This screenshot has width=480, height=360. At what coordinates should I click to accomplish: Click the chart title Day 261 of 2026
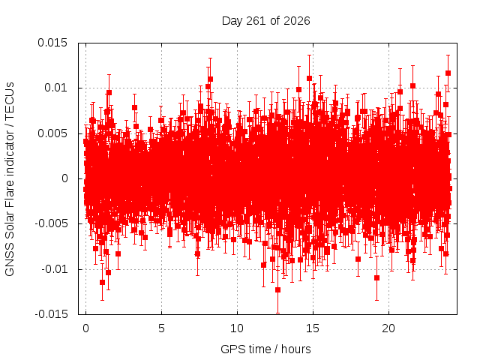click(265, 21)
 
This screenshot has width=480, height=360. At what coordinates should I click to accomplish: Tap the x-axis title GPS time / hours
click(265, 349)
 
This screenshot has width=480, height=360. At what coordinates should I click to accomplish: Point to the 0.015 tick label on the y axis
click(52, 43)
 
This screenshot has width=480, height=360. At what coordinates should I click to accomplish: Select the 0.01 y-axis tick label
click(55, 88)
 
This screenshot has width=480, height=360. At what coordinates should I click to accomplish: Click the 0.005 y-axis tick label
click(52, 133)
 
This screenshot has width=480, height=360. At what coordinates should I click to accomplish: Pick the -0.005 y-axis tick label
click(51, 223)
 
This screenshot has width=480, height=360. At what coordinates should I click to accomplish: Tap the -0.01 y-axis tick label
click(55, 269)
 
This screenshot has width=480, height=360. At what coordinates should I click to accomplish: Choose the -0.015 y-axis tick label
click(51, 314)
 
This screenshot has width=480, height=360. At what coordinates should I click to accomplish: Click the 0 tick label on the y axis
click(64, 178)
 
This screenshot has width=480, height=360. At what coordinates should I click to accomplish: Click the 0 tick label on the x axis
click(85, 328)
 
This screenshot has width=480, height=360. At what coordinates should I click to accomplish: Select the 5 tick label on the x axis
click(161, 328)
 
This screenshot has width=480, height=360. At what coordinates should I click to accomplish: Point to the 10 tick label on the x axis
click(237, 328)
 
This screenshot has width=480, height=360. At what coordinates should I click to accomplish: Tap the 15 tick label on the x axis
click(313, 328)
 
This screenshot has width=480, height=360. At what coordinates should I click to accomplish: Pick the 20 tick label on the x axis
click(388, 328)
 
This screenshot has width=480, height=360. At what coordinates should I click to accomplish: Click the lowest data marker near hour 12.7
click(277, 290)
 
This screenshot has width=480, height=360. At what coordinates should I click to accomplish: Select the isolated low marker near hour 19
click(376, 278)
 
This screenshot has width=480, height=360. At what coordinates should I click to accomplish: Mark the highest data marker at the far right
click(448, 73)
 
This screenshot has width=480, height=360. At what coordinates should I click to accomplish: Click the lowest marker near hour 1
click(102, 282)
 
